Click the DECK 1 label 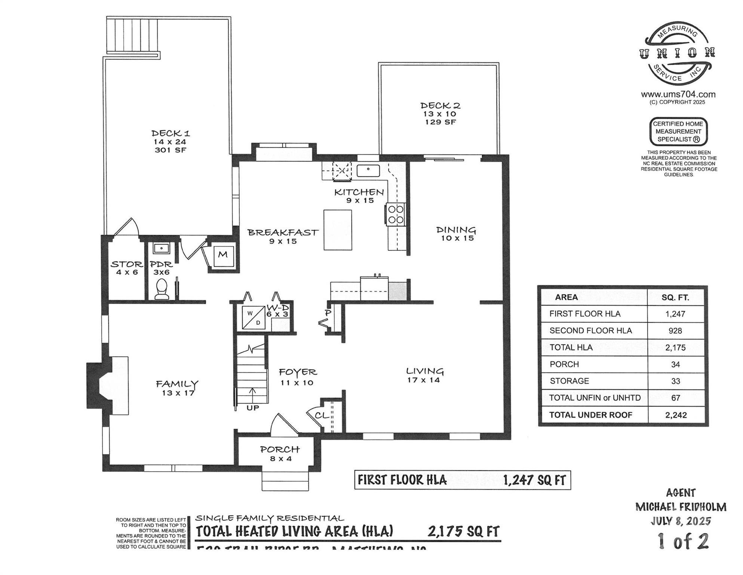[171, 133]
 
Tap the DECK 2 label [440, 106]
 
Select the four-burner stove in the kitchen [396, 215]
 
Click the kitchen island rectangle [338, 230]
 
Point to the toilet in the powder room [162, 289]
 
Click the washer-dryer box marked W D [254, 318]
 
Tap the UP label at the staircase [253, 408]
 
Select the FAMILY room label [177, 384]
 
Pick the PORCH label [280, 449]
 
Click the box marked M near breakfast [223, 255]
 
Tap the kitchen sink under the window [368, 170]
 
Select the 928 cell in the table [675, 331]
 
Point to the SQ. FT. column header [675, 298]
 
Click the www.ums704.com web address [678, 95]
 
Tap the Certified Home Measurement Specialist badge [678, 131]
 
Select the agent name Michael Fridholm [681, 507]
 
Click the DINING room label [456, 230]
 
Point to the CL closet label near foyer [321, 415]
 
